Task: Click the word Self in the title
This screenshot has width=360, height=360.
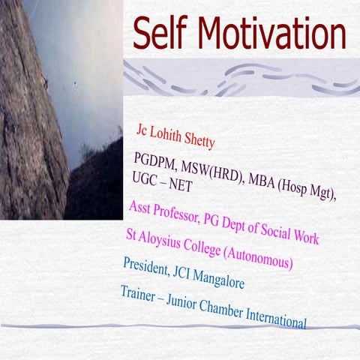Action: pos(167,34)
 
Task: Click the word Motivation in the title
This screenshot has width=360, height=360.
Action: pos(276,34)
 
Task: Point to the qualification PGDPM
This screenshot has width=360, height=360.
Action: pos(153,160)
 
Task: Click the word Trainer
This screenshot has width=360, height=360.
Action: pos(141,292)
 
